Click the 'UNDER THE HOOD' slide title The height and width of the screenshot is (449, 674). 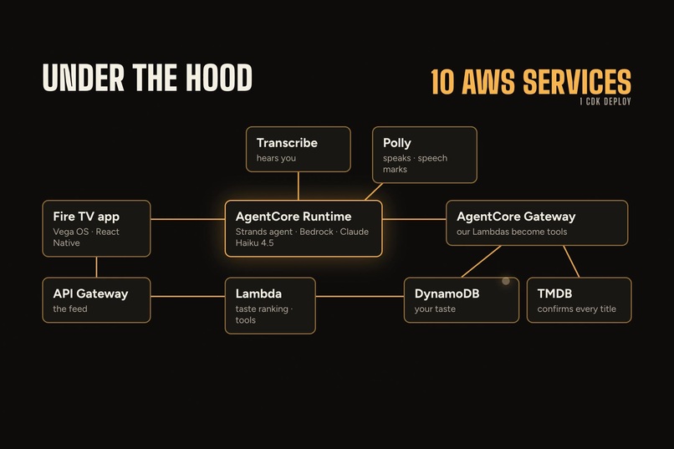coord(147,77)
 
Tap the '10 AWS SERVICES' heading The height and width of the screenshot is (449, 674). coord(531,81)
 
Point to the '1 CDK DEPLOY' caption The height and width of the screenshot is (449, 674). coord(605,101)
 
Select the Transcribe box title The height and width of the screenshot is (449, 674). coord(287,143)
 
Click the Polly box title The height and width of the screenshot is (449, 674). coord(396,143)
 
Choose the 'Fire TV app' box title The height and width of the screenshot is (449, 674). coord(86,217)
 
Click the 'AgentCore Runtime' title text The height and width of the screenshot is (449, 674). coord(294,217)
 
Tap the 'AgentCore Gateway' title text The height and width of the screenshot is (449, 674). coord(516,217)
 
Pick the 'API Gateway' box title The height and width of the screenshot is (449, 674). coord(90,293)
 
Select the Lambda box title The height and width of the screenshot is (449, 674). coord(258,293)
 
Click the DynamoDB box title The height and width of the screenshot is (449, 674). coord(447,293)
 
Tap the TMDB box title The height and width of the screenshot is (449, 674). coord(554,293)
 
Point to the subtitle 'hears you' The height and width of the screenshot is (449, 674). coord(276,158)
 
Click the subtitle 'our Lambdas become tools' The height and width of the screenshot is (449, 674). coord(512,232)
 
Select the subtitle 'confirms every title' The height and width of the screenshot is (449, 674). coord(576,309)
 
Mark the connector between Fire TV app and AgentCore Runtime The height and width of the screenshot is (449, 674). coord(188,219)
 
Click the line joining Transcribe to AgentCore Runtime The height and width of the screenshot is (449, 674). coord(299,186)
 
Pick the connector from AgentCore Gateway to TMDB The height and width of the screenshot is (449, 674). coord(571,261)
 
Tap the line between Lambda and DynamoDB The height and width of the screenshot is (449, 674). coord(360,296)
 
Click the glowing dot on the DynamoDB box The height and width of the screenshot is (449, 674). coord(506,281)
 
